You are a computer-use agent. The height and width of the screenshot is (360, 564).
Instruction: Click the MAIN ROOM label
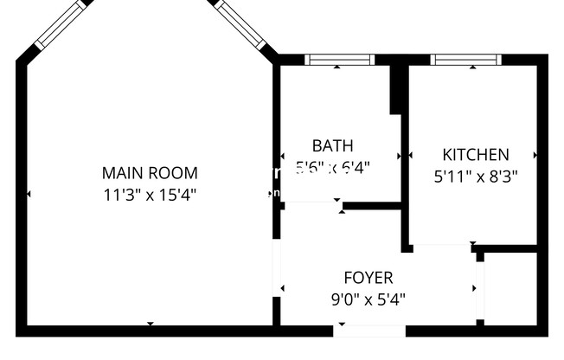[x=150, y=172]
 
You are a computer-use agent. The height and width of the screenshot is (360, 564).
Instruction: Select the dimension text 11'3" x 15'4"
[x=150, y=194]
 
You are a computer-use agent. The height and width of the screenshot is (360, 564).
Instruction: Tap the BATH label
[x=332, y=145]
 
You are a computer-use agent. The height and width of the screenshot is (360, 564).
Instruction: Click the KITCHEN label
[x=475, y=155]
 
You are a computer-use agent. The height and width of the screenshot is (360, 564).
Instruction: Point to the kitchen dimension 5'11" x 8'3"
[x=475, y=176]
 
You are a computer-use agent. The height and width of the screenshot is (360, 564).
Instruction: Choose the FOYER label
[x=369, y=278]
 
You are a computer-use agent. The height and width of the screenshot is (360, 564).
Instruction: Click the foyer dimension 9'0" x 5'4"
[x=369, y=299]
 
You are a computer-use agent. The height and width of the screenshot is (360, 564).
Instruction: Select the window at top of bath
[x=340, y=60]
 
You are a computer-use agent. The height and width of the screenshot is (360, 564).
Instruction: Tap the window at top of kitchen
[x=465, y=60]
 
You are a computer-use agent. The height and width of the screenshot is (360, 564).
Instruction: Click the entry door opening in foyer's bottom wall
[x=369, y=330]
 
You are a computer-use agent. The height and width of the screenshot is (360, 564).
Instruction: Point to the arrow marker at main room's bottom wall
[x=151, y=324]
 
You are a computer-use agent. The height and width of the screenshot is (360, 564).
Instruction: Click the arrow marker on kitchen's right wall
[x=535, y=156]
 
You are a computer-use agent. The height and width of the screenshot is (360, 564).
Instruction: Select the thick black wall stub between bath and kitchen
[x=398, y=88]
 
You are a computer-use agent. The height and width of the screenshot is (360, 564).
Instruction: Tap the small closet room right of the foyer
[x=510, y=288]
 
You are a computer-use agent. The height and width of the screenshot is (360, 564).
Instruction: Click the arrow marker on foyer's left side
[x=281, y=287]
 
